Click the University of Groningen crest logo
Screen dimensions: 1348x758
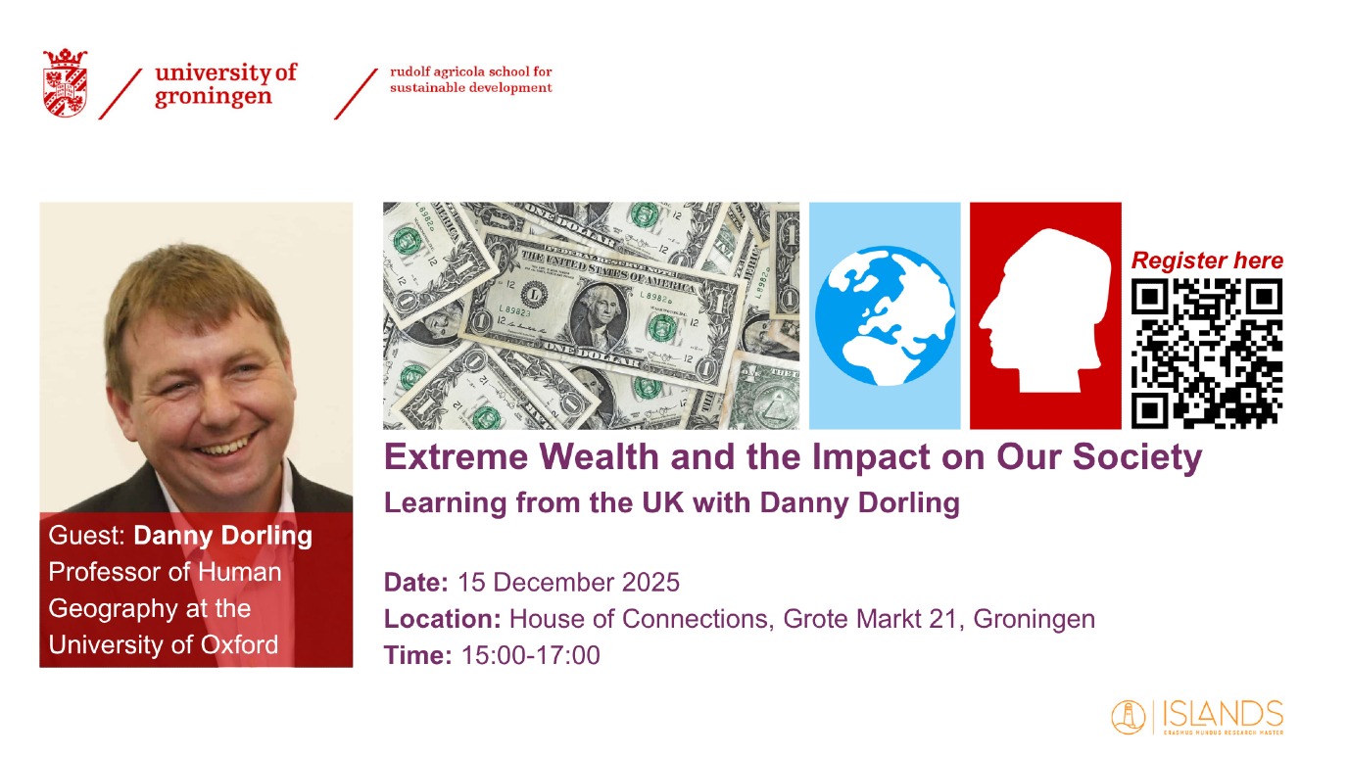coord(65,82)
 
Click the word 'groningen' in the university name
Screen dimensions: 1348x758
coord(214,96)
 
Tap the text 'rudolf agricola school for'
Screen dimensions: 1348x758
coord(470,71)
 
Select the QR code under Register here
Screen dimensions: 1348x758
coord(1207,354)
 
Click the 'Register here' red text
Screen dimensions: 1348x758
coord(1207,261)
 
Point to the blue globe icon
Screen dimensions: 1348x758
coord(885,315)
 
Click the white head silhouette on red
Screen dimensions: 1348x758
coord(1045,310)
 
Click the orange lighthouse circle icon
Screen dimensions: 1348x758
coord(1129,717)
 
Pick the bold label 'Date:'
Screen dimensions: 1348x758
coord(415,583)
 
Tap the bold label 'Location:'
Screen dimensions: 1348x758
coord(443,619)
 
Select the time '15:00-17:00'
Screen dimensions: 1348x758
coord(530,655)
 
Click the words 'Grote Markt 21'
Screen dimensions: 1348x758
coord(870,619)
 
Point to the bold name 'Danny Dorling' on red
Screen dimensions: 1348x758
coord(222,536)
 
